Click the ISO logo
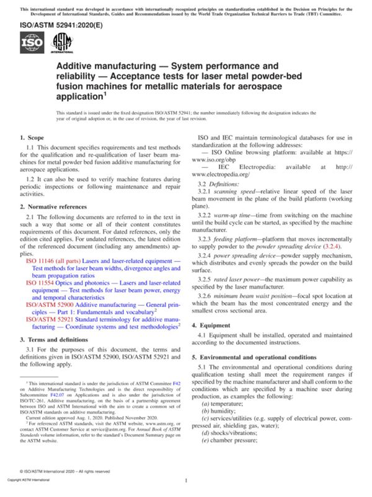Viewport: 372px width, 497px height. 32,43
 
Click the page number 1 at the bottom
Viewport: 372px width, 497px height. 186,480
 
